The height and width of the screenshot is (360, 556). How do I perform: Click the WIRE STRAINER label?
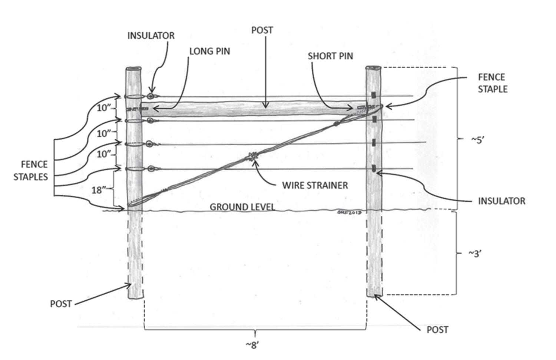(x=315, y=185)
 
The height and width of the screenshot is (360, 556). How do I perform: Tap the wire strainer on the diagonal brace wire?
(x=252, y=156)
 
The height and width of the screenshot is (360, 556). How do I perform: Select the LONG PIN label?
(x=209, y=51)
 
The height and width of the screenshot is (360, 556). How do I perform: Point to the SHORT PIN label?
(x=330, y=56)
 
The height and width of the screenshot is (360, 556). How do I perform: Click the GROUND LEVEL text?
(x=242, y=207)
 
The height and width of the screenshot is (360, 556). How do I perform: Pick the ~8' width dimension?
(x=252, y=345)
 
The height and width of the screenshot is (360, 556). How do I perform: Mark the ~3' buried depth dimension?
(x=475, y=254)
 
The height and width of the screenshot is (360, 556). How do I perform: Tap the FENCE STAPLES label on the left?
(x=31, y=171)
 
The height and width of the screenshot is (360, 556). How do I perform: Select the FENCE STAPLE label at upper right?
(x=492, y=83)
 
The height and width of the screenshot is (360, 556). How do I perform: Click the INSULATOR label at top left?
(x=151, y=36)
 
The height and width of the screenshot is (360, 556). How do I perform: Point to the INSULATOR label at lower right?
(x=502, y=201)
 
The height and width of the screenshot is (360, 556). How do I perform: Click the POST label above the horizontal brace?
(x=262, y=30)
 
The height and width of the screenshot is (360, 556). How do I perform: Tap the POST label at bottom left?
(x=61, y=304)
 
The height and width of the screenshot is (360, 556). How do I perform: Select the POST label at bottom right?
(x=437, y=330)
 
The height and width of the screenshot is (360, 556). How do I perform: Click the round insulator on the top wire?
(x=150, y=96)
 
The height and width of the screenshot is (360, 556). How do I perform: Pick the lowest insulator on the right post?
(x=374, y=169)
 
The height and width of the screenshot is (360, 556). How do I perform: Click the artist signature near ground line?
(x=350, y=212)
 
